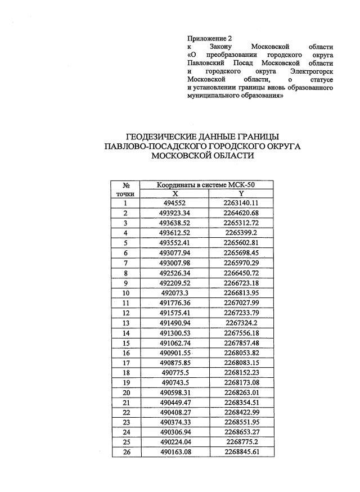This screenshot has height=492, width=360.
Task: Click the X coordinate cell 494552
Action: [175, 203]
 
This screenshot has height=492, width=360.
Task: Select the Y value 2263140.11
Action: [241, 203]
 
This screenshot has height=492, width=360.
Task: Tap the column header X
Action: [175, 193]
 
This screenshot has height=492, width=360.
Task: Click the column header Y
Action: [241, 193]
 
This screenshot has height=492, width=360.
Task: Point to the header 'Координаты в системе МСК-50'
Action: [208, 184]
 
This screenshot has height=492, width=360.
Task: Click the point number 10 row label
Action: [126, 292]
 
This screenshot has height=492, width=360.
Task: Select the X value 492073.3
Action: [175, 292]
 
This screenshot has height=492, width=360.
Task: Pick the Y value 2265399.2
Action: [241, 233]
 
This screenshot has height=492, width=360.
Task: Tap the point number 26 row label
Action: [126, 452]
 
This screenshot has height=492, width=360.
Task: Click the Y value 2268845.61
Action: [241, 452]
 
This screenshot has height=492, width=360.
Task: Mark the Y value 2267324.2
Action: [241, 323]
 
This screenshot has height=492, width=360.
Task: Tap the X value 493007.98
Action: [175, 263]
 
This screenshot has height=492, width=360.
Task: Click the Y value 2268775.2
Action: [241, 442]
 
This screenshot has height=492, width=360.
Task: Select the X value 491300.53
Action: [175, 332]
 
